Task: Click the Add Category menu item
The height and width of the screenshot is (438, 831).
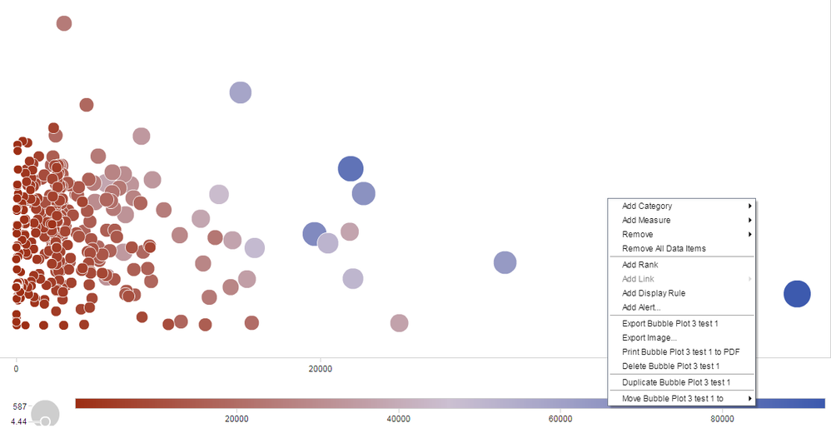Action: point(647,207)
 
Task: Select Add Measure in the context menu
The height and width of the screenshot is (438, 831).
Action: point(646,221)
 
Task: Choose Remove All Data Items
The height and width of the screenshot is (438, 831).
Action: point(664,249)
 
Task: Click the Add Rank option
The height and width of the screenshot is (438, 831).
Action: point(639,265)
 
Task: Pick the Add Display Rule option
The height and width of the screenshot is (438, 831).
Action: point(654,293)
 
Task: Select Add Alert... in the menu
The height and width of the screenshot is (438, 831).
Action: point(641,307)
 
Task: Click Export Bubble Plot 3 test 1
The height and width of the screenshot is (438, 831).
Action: point(669,323)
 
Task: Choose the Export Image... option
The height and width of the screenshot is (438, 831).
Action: point(649,337)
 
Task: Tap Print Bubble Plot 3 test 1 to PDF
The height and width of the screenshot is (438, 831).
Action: point(680,351)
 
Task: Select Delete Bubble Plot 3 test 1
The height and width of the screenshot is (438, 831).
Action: point(670,366)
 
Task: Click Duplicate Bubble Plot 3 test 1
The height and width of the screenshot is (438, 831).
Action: point(675,382)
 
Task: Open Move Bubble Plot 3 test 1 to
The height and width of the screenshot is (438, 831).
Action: point(672,399)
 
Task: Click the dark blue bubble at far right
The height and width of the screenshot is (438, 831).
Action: point(797,293)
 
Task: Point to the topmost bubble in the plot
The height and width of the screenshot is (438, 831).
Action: point(64,23)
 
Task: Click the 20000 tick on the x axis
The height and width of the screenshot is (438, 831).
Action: point(321,368)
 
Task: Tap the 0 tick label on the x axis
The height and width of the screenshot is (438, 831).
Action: point(16,368)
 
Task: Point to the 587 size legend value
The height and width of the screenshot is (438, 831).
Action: point(21,406)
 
